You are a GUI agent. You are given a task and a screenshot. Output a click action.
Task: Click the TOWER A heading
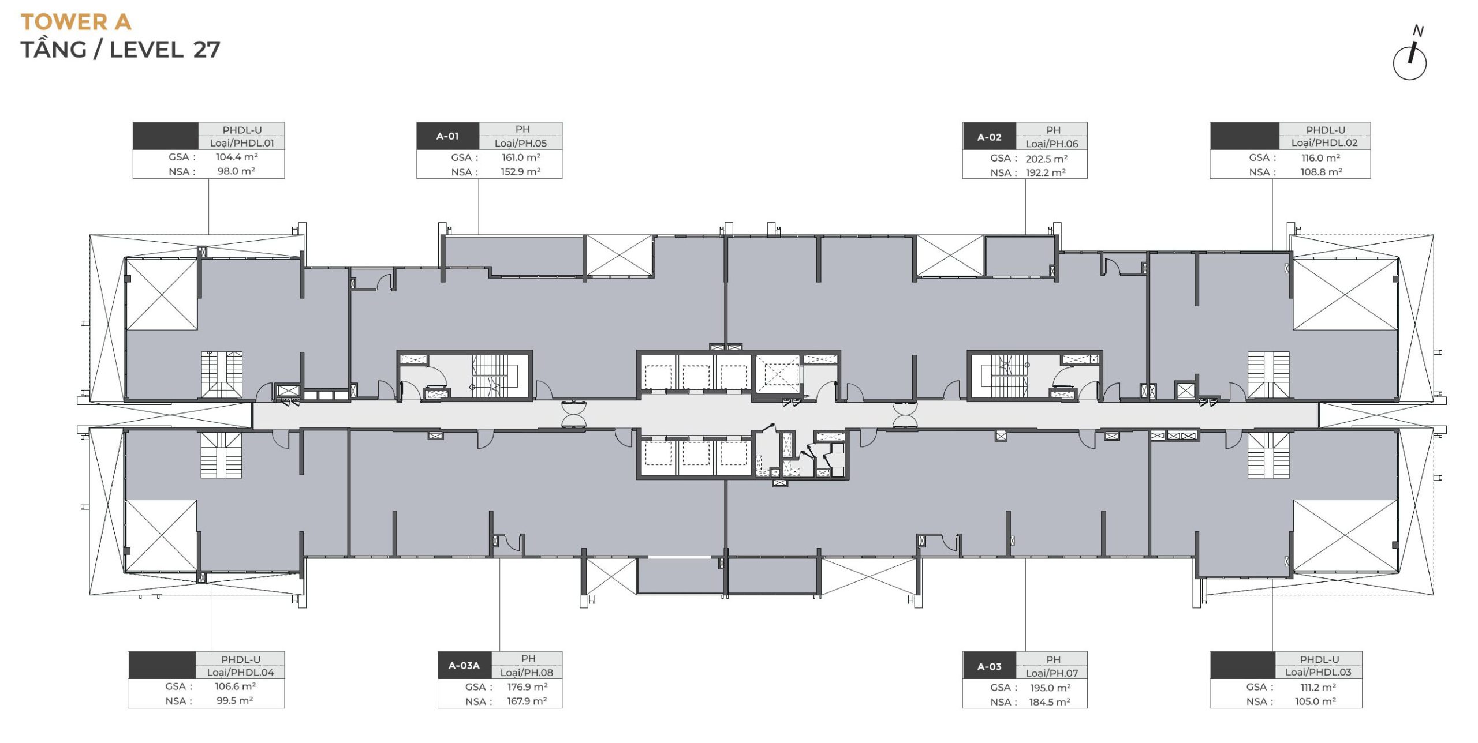point(76,22)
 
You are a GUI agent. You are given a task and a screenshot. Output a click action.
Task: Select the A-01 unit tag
point(447,136)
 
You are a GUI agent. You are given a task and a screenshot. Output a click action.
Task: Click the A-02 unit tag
point(989,137)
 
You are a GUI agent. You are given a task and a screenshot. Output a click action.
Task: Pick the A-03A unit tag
point(464,666)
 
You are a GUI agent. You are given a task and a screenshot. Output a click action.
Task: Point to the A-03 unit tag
point(989,667)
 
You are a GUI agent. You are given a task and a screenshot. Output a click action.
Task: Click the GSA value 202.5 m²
point(1046,159)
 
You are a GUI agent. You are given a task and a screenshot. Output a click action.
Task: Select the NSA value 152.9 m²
point(521,171)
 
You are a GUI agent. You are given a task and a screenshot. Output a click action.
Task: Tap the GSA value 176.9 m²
point(527,687)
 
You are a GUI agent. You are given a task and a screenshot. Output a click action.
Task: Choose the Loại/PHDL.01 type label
point(241,142)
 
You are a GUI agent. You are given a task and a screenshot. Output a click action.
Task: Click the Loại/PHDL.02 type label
point(1324,142)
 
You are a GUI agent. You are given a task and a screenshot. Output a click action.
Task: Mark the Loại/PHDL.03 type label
point(1318,672)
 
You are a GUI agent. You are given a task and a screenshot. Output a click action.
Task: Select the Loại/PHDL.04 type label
point(241,672)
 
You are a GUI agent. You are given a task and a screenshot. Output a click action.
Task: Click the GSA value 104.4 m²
point(237,157)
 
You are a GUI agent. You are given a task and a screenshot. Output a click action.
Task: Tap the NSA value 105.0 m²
point(1315,701)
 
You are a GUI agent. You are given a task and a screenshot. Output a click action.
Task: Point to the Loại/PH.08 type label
point(527,673)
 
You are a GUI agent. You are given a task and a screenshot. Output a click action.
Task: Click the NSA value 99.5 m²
point(234,701)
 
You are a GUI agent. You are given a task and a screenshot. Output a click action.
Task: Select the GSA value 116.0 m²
point(1320,157)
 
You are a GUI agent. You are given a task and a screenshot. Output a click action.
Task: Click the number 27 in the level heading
point(206,50)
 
